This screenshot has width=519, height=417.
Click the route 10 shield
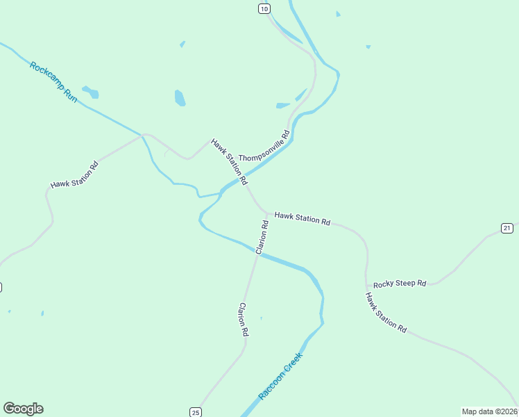[x=264, y=8]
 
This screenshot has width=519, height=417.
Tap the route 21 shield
[x=507, y=228]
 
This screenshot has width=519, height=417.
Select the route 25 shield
[x=195, y=411]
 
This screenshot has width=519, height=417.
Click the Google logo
[x=23, y=409]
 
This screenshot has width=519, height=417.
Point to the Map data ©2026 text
[x=490, y=411]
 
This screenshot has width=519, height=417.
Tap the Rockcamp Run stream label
[x=53, y=83]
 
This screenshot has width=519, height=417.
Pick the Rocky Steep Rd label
[x=399, y=284]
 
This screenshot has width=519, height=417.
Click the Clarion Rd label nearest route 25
[x=243, y=320]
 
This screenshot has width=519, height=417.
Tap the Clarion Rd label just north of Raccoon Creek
[x=262, y=236]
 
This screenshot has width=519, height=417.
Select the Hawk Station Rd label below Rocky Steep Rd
[x=386, y=312]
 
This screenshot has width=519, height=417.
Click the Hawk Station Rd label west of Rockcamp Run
[x=74, y=175]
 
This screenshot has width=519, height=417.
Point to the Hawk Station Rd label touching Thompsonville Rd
[x=230, y=161]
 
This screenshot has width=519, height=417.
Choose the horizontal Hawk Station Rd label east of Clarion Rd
[x=302, y=218]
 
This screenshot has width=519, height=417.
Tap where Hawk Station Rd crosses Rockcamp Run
[x=142, y=134]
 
